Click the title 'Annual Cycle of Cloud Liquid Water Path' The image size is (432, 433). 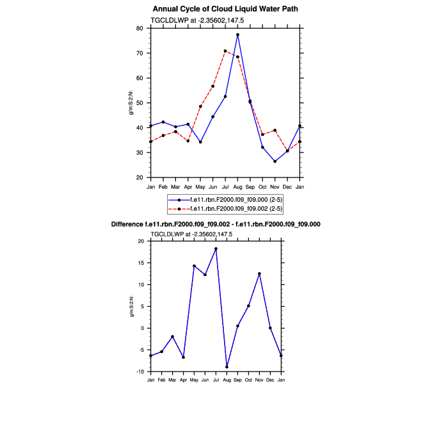[x=225, y=9]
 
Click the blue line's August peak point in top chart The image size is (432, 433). [x=237, y=35]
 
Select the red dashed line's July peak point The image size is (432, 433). [x=225, y=51]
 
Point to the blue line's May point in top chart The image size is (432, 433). [x=200, y=142]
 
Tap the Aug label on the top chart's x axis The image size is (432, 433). [x=237, y=186]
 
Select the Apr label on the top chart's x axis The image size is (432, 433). [x=188, y=186]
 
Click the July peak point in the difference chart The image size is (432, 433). [x=216, y=249]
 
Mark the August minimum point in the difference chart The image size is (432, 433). [x=227, y=367]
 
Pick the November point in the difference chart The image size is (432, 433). [x=259, y=274]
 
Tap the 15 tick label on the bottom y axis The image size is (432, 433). [x=141, y=263]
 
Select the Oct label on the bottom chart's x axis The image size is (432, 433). [x=248, y=380]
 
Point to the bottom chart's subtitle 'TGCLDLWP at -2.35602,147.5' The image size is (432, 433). [x=191, y=234]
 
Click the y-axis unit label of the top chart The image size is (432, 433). [x=131, y=103]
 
